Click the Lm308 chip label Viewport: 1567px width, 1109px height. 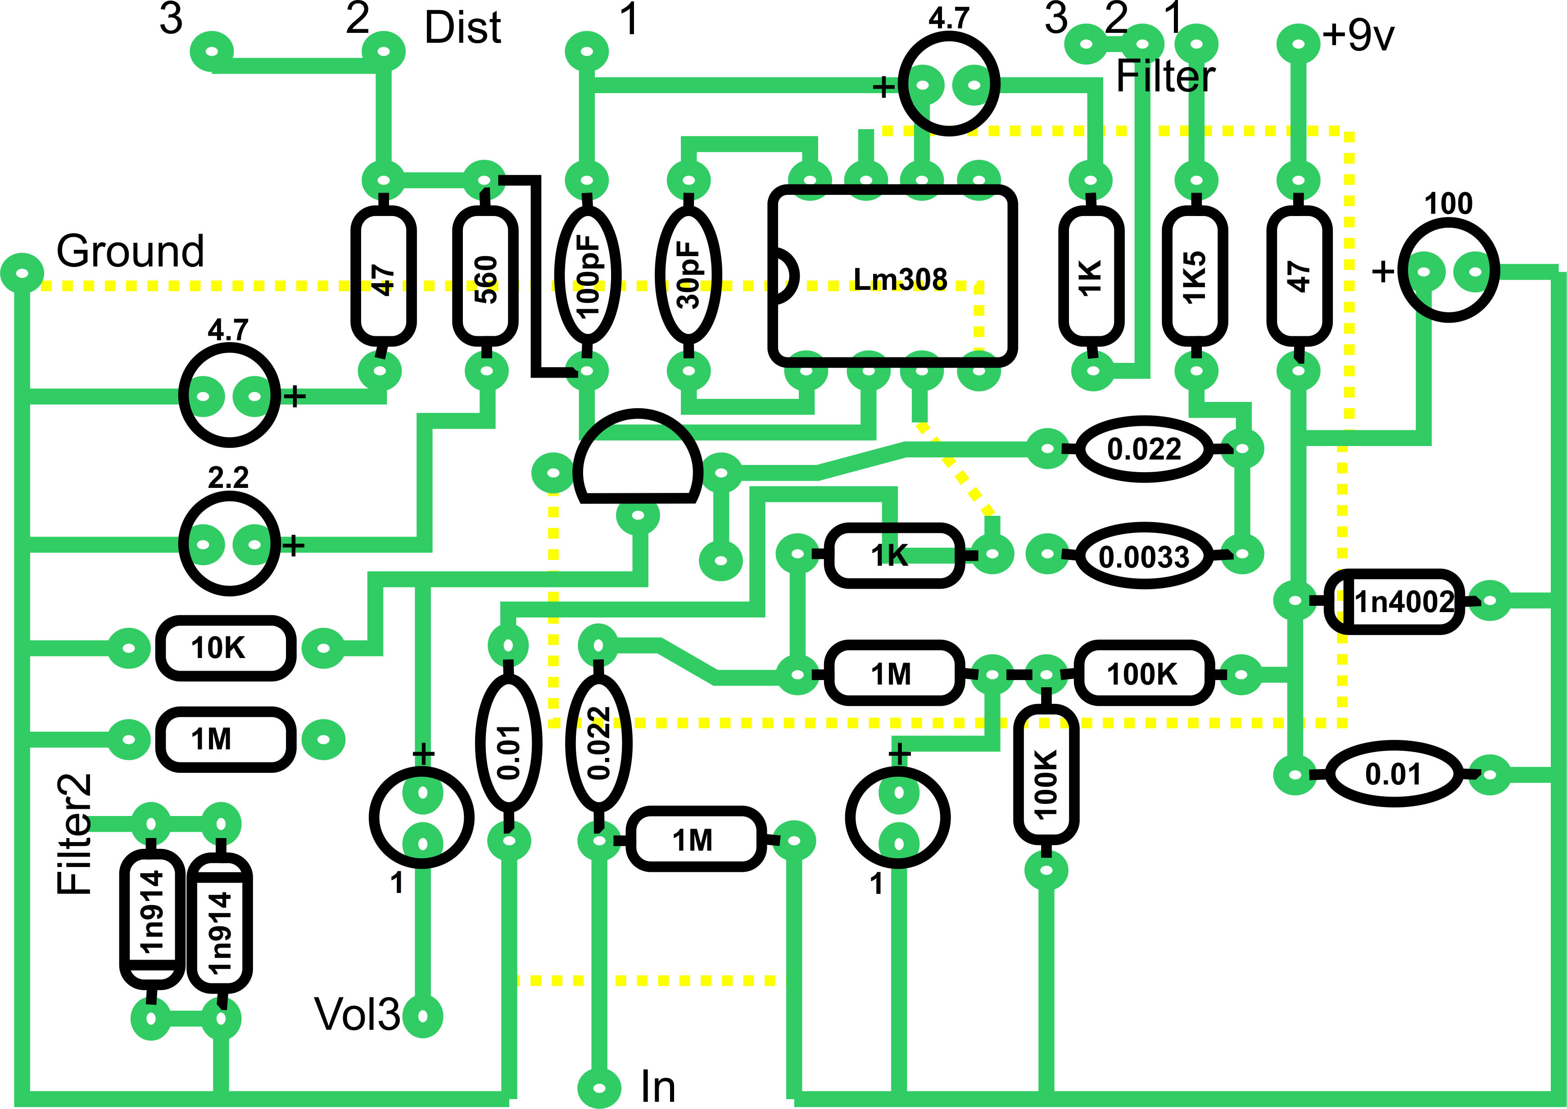[900, 279]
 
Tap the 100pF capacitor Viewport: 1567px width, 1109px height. [588, 276]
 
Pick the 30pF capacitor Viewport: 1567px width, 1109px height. [688, 276]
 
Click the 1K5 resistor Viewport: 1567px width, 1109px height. [1194, 276]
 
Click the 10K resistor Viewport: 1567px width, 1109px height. [226, 647]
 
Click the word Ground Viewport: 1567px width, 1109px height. [130, 251]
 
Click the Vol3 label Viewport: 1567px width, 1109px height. [357, 1014]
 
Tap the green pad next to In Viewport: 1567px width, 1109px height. [598, 1087]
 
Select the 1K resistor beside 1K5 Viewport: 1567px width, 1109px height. [1091, 276]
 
